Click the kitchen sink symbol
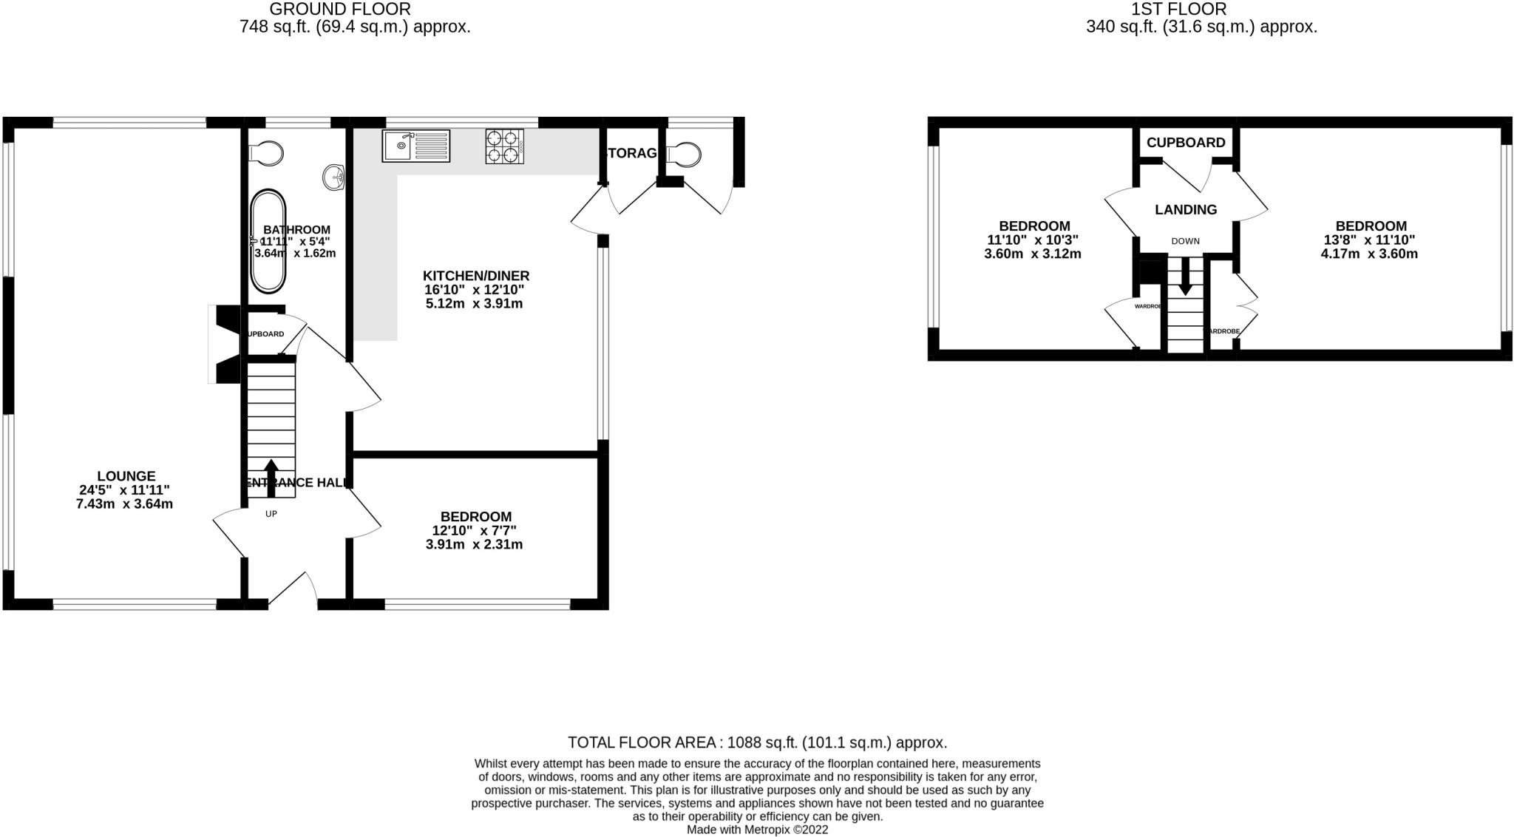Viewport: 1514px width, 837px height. pyautogui.click(x=415, y=146)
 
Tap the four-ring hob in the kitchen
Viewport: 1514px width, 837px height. pyautogui.click(x=504, y=146)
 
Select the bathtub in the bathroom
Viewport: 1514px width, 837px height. pyautogui.click(x=268, y=243)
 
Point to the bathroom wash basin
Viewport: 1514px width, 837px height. pyautogui.click(x=334, y=176)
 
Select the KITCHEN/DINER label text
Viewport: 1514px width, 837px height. pyautogui.click(x=476, y=276)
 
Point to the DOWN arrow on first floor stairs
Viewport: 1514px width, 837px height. pyautogui.click(x=1185, y=281)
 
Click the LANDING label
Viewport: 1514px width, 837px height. pyautogui.click(x=1186, y=210)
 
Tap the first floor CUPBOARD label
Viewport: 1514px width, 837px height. pyautogui.click(x=1186, y=143)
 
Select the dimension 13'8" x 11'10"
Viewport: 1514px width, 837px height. pyautogui.click(x=1370, y=240)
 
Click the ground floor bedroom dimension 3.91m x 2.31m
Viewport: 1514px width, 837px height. pyautogui.click(x=474, y=545)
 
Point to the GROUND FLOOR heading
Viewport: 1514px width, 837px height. pyautogui.click(x=340, y=10)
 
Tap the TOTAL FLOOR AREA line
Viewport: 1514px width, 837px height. pyautogui.click(x=757, y=742)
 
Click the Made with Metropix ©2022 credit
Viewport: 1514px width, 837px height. pyautogui.click(x=757, y=830)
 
